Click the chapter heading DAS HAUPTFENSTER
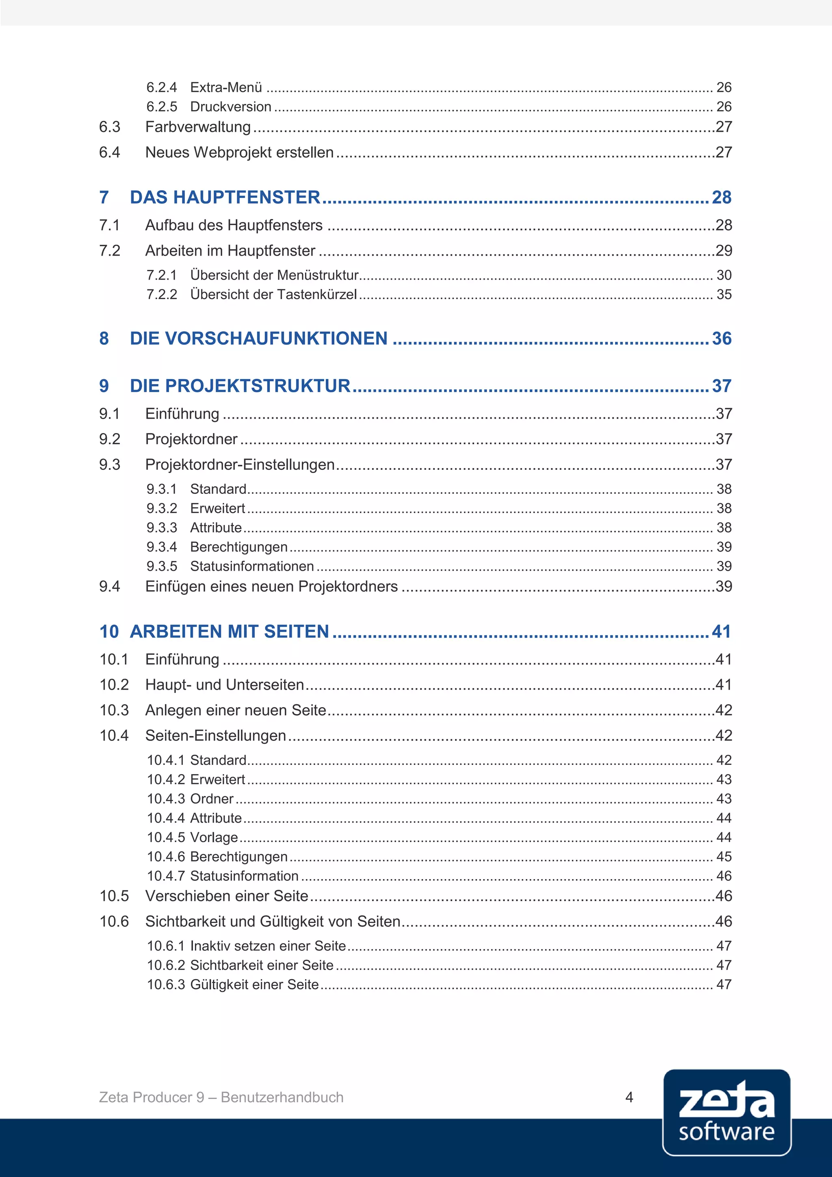(x=225, y=198)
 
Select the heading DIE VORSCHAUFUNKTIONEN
(x=259, y=338)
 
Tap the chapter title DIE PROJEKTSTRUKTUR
(x=240, y=386)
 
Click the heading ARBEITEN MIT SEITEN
(x=230, y=632)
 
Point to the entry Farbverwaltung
(x=198, y=127)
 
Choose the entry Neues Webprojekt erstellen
(x=239, y=152)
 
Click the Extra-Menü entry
(x=226, y=87)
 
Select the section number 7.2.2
(x=161, y=295)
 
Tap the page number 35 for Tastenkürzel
(x=724, y=295)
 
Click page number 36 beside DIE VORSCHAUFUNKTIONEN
(x=721, y=338)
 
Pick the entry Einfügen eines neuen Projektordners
(x=271, y=586)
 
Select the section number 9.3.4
(x=161, y=547)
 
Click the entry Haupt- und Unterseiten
(x=224, y=685)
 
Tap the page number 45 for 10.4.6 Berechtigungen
(x=724, y=857)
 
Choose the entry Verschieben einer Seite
(x=226, y=896)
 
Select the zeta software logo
(x=726, y=1112)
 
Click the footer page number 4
(x=629, y=1097)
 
